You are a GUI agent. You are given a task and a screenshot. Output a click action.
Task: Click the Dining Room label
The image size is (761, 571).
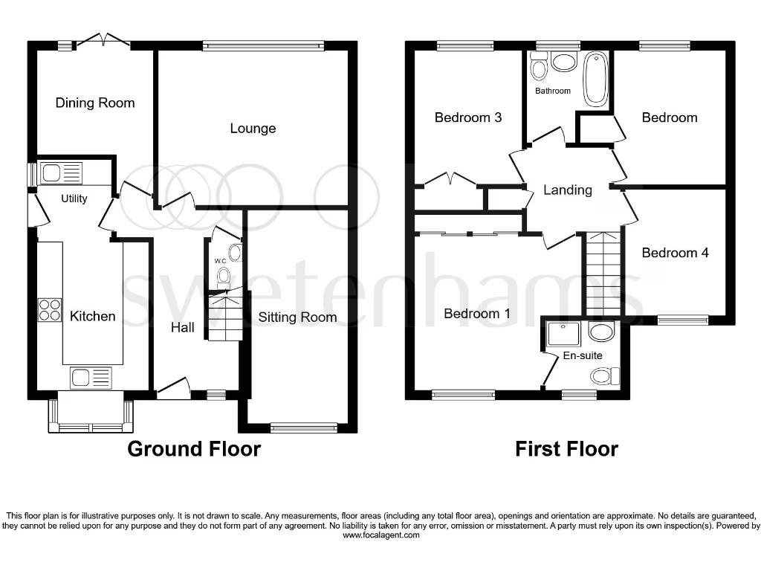95,103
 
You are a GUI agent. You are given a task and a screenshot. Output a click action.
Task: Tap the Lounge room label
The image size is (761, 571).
253,129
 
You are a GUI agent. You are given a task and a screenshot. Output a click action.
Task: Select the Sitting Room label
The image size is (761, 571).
297,317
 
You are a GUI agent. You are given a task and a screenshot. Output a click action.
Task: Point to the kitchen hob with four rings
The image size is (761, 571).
50,309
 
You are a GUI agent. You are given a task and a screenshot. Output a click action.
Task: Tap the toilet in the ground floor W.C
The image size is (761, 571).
223,278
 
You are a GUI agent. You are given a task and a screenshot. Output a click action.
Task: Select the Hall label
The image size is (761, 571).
183,327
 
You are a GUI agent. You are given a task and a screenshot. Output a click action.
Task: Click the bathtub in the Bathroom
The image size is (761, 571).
595,79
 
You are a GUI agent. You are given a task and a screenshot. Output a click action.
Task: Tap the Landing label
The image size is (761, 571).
568,190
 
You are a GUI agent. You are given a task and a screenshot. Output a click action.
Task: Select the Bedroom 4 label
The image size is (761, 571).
675,253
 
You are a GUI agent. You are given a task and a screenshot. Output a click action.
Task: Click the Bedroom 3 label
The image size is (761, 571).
468,117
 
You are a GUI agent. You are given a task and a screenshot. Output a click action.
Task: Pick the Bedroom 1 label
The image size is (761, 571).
477,314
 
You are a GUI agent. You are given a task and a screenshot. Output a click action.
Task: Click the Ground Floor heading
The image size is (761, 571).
194,449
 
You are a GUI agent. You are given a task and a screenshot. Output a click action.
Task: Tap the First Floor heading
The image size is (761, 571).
567,449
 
